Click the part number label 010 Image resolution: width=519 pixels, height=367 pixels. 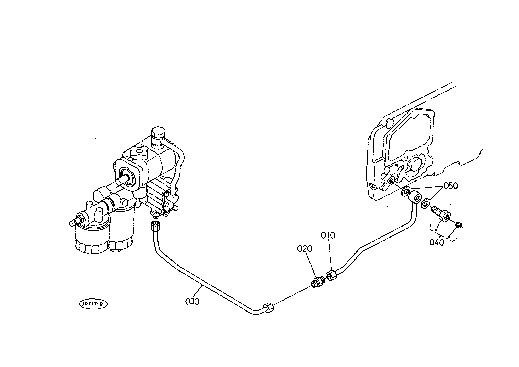coord(328,235)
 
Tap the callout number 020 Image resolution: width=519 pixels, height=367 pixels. coord(304,249)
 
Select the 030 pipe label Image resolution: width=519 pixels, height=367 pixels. coord(192,302)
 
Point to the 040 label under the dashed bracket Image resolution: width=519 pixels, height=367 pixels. coord(437,242)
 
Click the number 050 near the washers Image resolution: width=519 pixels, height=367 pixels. coord(450,186)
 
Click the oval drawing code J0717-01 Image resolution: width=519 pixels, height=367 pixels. coord(93,304)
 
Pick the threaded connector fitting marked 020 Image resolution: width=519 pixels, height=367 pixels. coord(317,282)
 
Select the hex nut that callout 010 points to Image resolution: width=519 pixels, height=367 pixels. coord(331,276)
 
